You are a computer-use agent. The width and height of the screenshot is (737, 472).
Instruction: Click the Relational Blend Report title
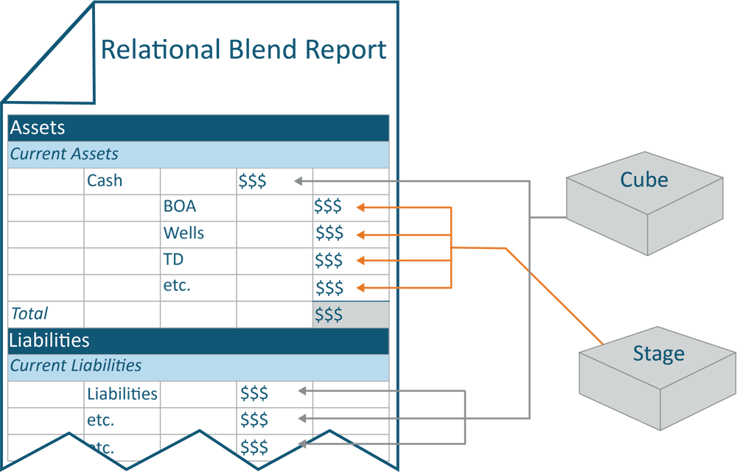click(243, 50)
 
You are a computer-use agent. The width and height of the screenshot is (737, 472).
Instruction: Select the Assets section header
click(38, 127)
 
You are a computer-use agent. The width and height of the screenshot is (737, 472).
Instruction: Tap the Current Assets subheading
click(64, 155)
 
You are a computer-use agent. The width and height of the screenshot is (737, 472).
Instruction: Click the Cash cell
click(105, 180)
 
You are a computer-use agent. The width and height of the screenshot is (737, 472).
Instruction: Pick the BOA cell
click(180, 207)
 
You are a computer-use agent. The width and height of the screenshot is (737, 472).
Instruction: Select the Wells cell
click(184, 233)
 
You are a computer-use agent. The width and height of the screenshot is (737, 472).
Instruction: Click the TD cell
click(174, 260)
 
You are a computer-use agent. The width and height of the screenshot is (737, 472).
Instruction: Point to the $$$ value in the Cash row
click(252, 181)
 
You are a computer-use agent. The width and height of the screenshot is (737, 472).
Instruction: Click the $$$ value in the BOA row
click(329, 207)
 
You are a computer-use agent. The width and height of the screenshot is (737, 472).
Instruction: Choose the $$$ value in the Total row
click(329, 314)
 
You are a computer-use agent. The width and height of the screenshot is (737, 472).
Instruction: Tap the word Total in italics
click(29, 314)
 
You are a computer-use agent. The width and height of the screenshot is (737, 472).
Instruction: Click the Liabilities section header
click(49, 340)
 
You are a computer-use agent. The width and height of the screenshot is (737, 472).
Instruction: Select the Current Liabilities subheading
click(76, 366)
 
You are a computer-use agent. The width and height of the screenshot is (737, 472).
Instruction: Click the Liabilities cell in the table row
click(122, 394)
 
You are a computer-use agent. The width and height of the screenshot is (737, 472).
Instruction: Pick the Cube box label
click(644, 180)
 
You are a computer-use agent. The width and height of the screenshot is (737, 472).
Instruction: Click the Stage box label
click(658, 354)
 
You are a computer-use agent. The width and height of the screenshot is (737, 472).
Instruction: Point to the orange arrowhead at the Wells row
click(361, 235)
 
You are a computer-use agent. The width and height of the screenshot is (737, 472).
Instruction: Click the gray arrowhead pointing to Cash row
click(298, 180)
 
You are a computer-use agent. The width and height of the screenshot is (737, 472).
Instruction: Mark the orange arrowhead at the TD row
click(361, 261)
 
